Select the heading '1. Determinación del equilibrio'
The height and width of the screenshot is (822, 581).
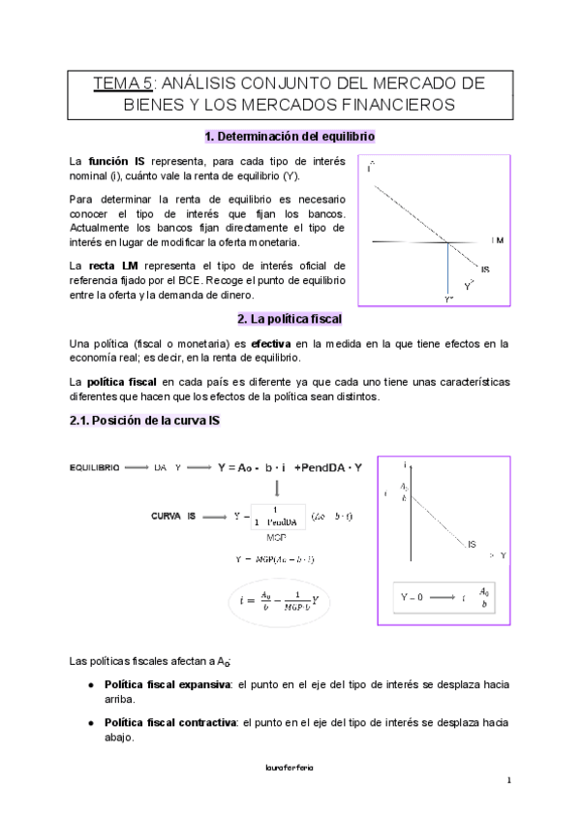(x=290, y=137)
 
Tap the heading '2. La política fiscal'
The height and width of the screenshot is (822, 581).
(x=290, y=318)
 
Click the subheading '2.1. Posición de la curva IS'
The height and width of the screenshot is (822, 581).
(x=143, y=421)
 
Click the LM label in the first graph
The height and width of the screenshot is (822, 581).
(x=498, y=239)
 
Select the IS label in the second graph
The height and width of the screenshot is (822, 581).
(x=472, y=545)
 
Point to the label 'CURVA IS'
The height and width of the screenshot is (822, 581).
(x=173, y=516)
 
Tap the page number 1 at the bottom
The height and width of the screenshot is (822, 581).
(x=507, y=780)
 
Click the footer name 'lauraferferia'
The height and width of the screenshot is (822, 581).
(x=289, y=766)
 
